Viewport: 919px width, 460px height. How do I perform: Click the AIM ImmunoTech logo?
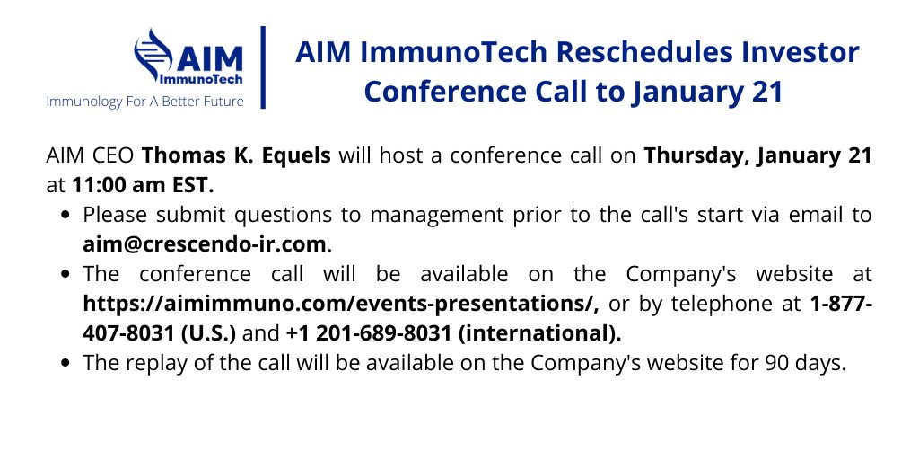click(188, 57)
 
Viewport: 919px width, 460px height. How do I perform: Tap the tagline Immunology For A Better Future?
click(144, 101)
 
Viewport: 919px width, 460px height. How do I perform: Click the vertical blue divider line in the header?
click(263, 67)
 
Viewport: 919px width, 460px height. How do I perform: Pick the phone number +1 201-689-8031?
click(367, 334)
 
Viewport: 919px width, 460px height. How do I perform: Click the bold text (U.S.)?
click(204, 334)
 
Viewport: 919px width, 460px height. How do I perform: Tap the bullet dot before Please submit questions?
click(69, 216)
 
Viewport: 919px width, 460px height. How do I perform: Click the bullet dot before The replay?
click(69, 365)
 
